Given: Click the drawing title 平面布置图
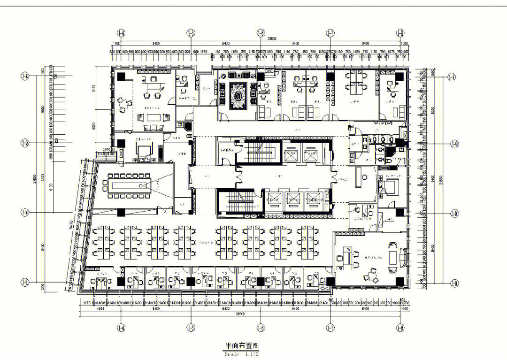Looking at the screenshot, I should pyautogui.click(x=241, y=345).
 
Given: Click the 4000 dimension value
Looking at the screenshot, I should pyautogui.click(x=94, y=126).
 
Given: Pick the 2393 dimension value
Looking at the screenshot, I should pyautogui.click(x=104, y=150).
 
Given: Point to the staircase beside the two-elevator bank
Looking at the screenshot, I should pyautogui.click(x=257, y=151).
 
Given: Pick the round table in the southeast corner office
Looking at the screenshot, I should pyautogui.click(x=373, y=274).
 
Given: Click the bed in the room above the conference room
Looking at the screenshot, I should pyautogui.click(x=144, y=150).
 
